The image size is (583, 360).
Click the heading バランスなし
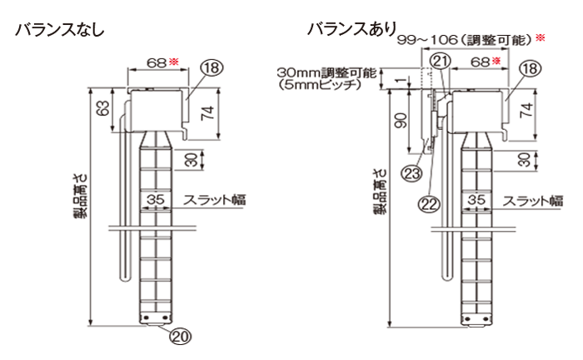point(57,31)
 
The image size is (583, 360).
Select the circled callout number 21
point(441,59)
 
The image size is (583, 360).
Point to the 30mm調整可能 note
point(325,73)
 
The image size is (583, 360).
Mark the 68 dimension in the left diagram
point(155,62)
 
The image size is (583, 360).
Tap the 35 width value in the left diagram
point(154,199)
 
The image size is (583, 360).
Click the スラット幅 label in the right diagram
point(533,200)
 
